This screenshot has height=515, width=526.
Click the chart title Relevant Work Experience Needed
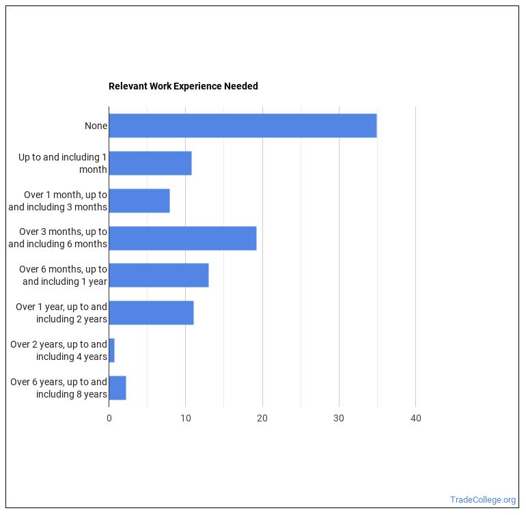(183, 87)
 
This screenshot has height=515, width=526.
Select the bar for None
(243, 126)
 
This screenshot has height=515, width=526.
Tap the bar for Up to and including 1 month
(150, 163)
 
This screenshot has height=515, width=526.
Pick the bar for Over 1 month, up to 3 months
(139, 201)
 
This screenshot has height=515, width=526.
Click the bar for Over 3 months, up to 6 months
(182, 238)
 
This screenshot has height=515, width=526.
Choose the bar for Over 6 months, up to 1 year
(158, 275)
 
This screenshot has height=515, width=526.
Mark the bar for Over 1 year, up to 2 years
(151, 313)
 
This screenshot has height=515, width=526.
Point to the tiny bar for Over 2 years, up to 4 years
(111, 350)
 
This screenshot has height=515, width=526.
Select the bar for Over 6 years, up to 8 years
(117, 388)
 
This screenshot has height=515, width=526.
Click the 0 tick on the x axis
(109, 419)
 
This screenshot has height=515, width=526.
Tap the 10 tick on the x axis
(185, 419)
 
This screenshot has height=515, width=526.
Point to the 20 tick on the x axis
(262, 419)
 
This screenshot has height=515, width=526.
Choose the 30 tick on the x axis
(339, 419)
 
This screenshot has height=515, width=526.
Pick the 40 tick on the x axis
(415, 419)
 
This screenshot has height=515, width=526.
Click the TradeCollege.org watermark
(483, 500)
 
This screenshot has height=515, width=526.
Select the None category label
(96, 126)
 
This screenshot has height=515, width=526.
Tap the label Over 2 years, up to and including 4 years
(59, 350)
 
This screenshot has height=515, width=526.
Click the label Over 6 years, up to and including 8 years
(59, 388)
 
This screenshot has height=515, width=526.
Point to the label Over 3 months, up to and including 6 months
(58, 238)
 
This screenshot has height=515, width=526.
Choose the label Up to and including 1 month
(63, 163)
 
